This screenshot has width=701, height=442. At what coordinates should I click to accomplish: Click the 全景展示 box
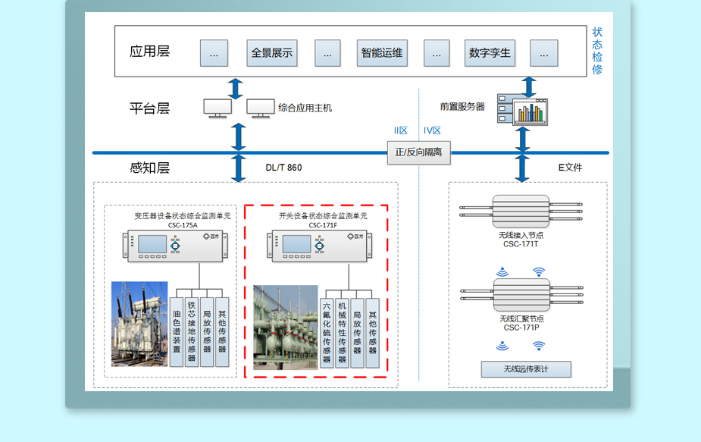point(271,53)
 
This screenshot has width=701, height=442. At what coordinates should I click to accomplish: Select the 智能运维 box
point(382,53)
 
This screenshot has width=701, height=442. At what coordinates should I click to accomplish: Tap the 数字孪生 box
point(490,53)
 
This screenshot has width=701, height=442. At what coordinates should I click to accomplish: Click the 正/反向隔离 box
point(418,152)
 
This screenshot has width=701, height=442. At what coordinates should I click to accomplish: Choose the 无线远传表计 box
point(526,369)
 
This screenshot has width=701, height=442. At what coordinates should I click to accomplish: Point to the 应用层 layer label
point(149,52)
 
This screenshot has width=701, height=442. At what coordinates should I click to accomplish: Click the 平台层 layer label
point(149,108)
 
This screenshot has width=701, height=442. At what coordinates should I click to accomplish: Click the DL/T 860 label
point(283,168)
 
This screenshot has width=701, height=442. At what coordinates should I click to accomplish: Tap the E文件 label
point(570,168)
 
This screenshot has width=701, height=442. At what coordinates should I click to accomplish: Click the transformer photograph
point(139,324)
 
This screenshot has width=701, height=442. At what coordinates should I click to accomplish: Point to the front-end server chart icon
point(530,112)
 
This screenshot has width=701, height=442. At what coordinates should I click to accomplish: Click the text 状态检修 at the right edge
point(597,51)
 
